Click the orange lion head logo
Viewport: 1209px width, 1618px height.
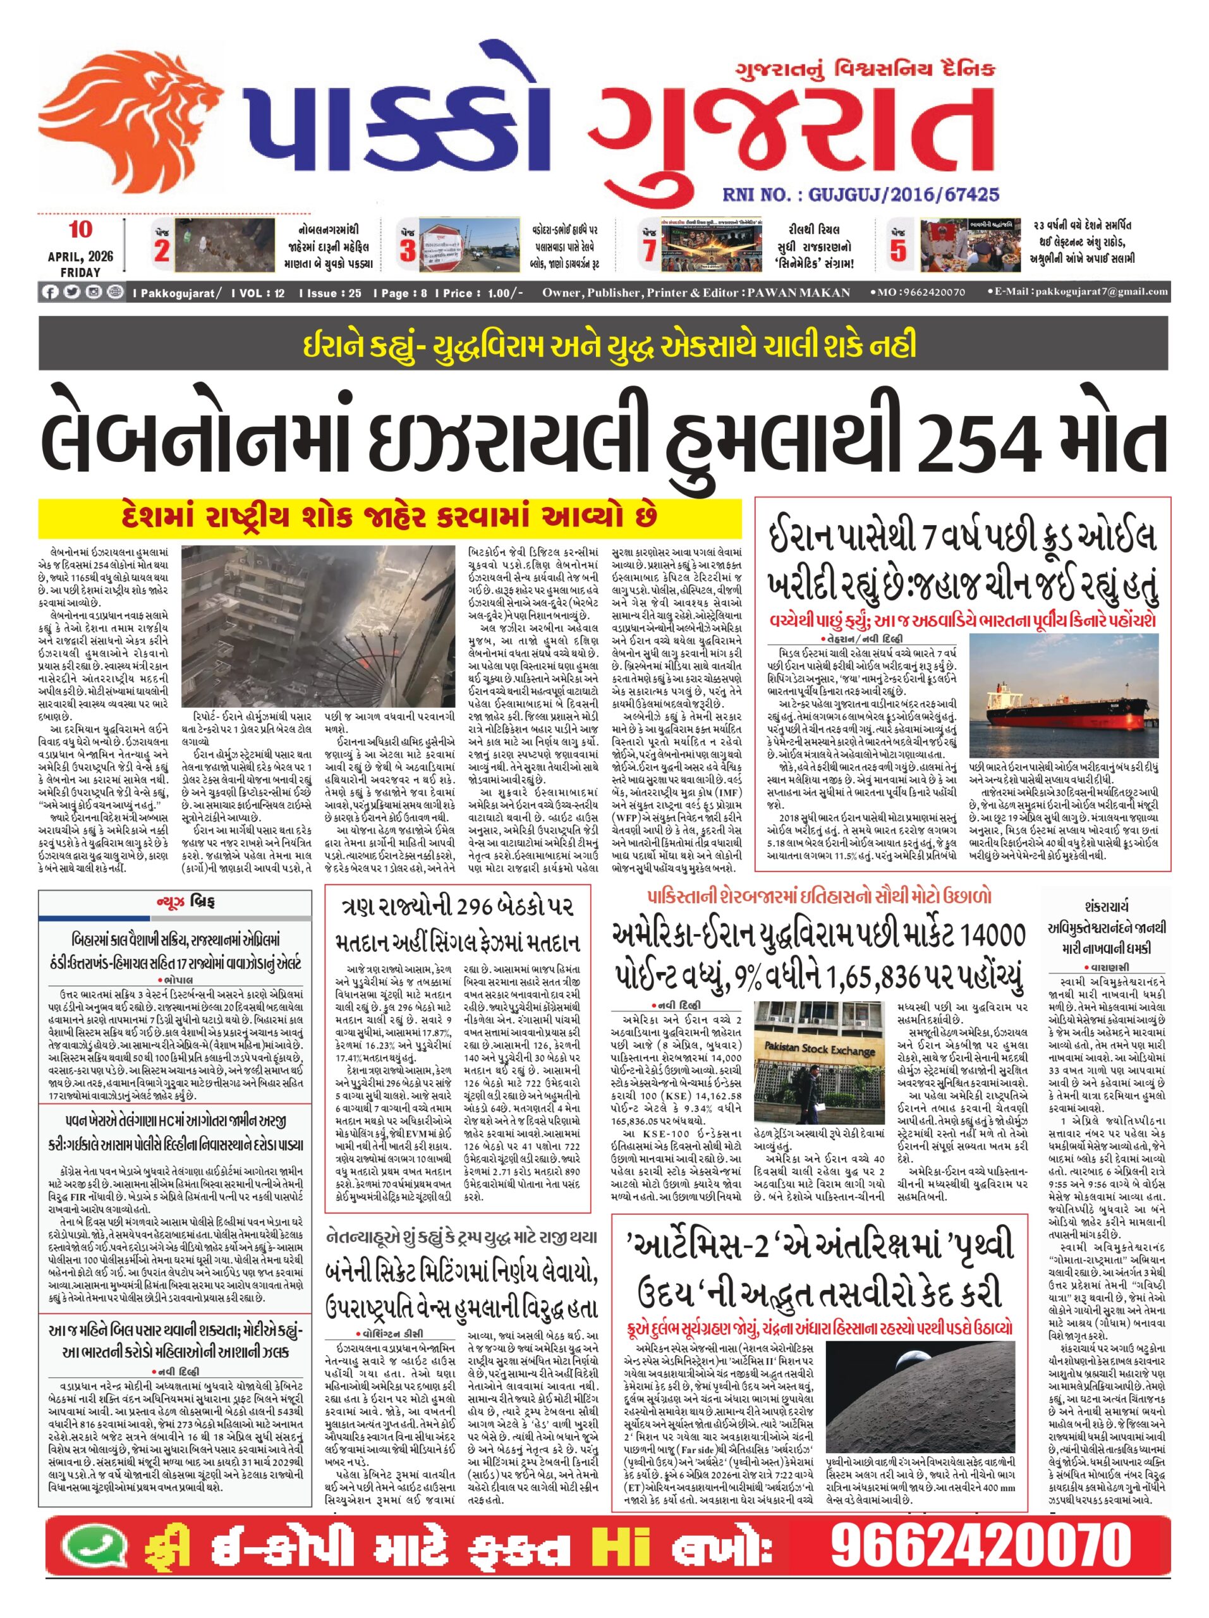click(131, 121)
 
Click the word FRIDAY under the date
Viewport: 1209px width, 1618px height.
click(80, 272)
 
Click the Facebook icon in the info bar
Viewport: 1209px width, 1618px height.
click(51, 293)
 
